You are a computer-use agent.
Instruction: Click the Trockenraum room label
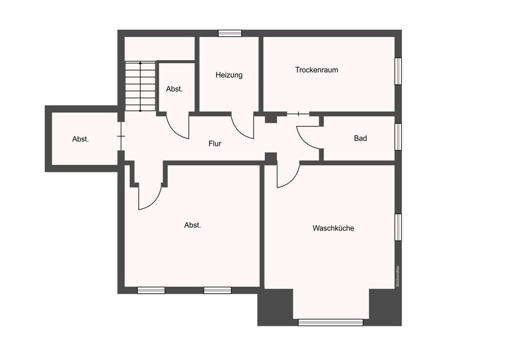(x=317, y=70)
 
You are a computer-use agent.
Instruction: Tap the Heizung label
(x=229, y=75)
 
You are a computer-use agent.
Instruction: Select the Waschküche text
(x=334, y=228)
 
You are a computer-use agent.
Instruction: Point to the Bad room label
(x=361, y=138)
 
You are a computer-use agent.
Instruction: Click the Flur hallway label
(x=215, y=144)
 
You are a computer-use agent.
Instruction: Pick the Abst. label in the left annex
(x=81, y=139)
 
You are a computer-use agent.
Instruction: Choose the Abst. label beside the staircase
(x=174, y=89)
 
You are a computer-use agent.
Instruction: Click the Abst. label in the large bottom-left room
(x=193, y=225)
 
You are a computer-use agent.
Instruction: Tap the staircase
(x=140, y=86)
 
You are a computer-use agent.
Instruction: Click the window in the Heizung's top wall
(x=230, y=33)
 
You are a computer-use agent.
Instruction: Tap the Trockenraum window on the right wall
(x=398, y=71)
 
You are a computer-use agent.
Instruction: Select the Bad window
(x=398, y=137)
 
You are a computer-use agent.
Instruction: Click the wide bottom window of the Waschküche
(x=330, y=322)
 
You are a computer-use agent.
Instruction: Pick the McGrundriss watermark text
(x=397, y=276)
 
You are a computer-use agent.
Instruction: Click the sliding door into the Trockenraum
(x=298, y=114)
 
